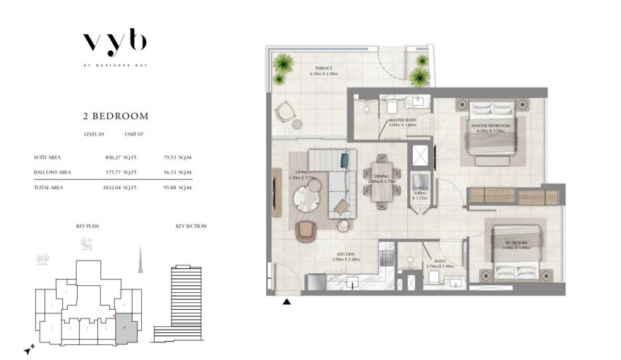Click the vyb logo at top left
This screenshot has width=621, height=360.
114,42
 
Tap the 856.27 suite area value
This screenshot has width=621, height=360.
113,157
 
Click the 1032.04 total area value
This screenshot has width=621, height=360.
111,188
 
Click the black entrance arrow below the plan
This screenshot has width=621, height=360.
287,302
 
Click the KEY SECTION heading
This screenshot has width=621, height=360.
191,226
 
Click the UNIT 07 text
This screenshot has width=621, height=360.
135,134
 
